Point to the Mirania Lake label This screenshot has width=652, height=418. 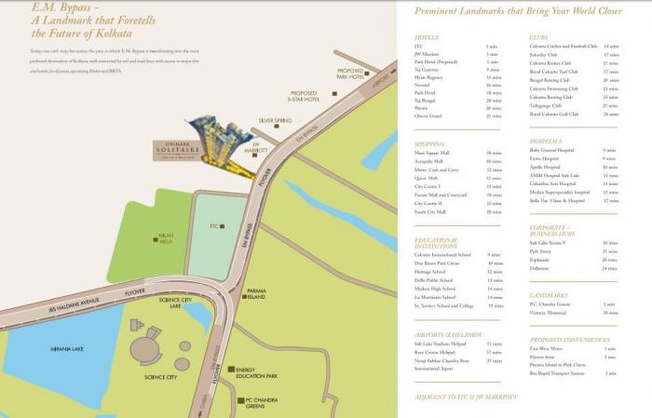pos(66,349)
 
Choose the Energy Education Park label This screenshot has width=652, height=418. pos(257,373)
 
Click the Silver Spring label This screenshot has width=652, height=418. pos(276,121)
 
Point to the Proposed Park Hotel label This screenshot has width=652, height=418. pos(350,73)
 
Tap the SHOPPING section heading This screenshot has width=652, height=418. pos(429,143)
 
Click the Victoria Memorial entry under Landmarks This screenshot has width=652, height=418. pos(550,313)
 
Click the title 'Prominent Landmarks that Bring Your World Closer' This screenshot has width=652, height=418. pos(518,11)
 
